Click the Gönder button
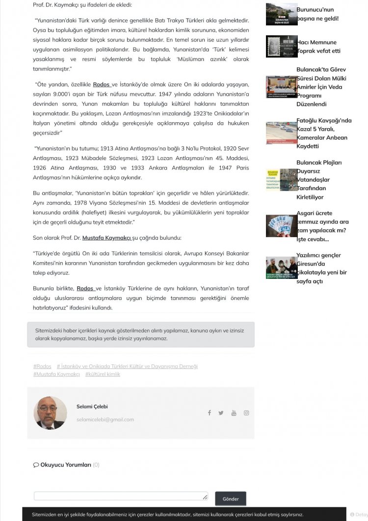tap(230, 498)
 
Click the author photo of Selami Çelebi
tap(50, 413)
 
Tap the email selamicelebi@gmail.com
tap(105, 419)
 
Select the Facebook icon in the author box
tap(210, 413)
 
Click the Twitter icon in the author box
tap(221, 413)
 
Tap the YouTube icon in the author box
tap(234, 413)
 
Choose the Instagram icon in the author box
tap(246, 413)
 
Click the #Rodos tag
tap(42, 366)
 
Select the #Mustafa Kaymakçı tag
tap(56, 374)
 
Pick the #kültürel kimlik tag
tap(103, 374)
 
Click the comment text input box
tap(121, 496)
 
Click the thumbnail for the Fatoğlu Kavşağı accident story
tap(281, 133)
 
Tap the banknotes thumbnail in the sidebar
tap(281, 226)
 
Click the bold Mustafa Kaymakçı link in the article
tap(106, 238)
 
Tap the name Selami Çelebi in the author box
tap(92, 407)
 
